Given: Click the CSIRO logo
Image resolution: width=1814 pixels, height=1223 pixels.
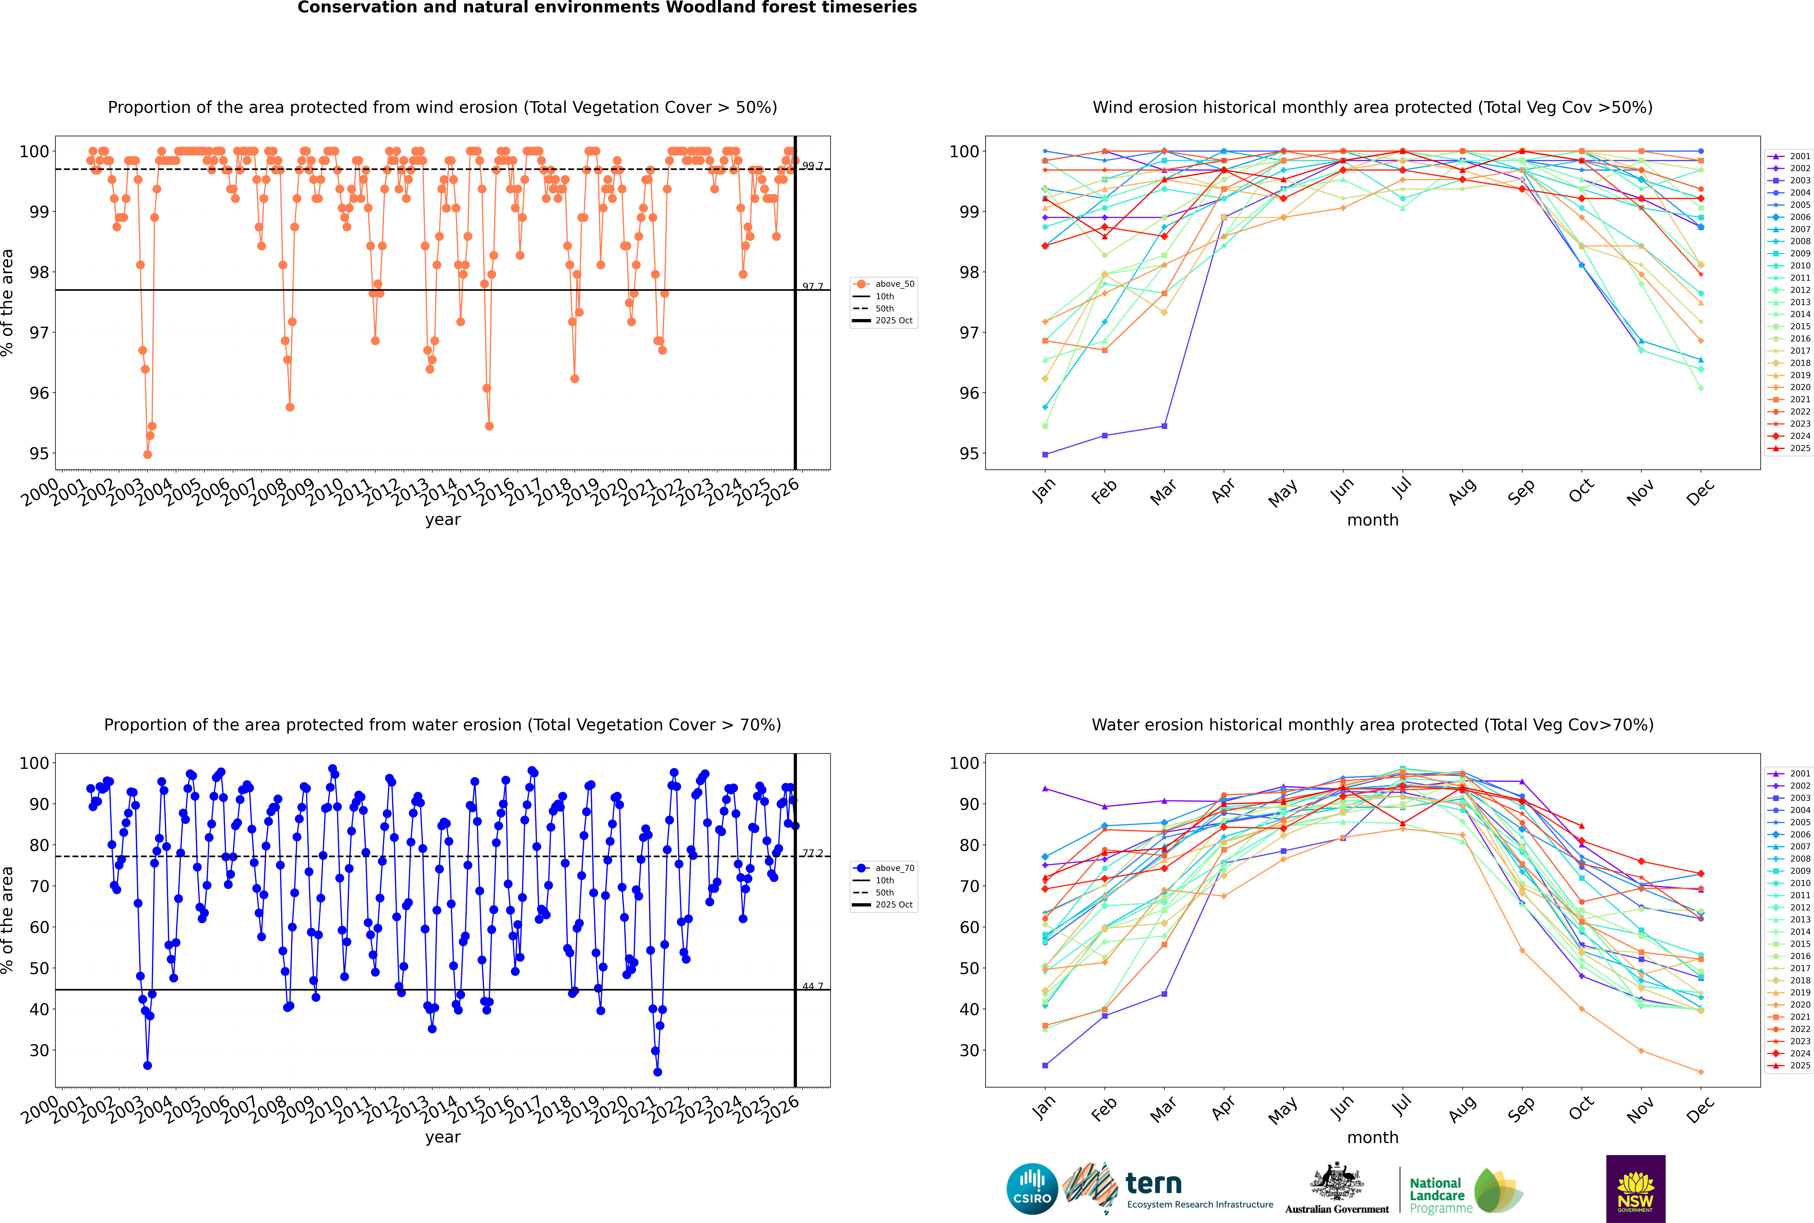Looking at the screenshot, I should (1032, 1190).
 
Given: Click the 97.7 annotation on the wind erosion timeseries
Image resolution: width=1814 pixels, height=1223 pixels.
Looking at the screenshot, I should (813, 287).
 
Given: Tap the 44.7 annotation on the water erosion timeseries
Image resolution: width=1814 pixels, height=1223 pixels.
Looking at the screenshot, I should (813, 987).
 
